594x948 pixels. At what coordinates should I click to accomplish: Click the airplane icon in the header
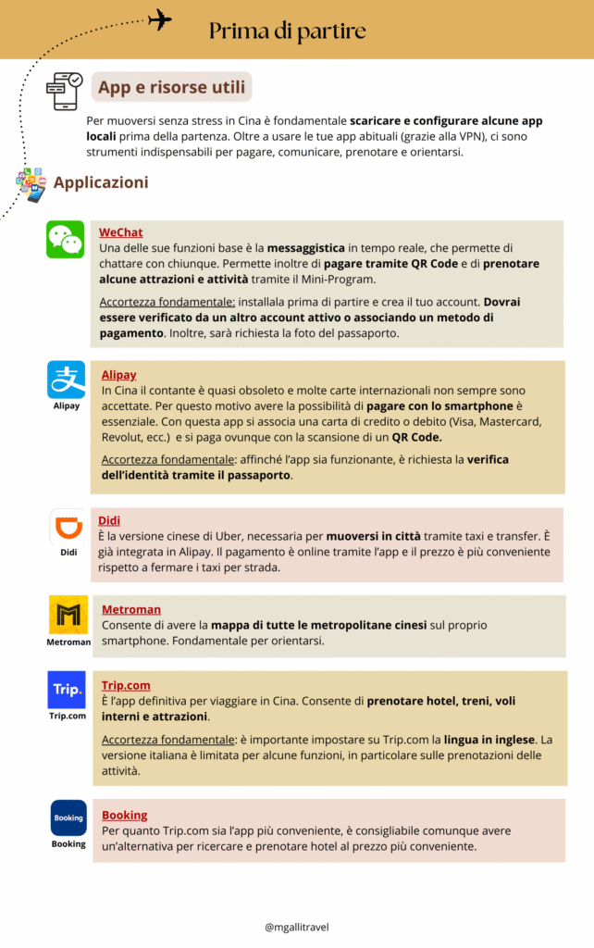tap(159, 19)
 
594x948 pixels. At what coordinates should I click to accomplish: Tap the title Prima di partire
tap(287, 31)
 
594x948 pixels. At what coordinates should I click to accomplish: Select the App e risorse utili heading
tap(172, 89)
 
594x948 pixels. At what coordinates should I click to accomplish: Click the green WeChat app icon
tap(66, 240)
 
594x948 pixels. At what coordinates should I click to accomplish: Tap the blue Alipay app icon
tap(66, 380)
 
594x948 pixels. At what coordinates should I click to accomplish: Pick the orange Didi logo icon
tap(68, 527)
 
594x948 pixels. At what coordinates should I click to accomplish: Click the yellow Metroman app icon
tap(68, 615)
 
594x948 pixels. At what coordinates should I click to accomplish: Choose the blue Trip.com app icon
tap(67, 690)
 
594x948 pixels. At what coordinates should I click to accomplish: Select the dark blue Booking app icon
tap(68, 818)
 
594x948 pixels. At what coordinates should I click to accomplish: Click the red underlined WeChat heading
tap(121, 232)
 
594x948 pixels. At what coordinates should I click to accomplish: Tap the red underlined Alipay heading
tap(118, 375)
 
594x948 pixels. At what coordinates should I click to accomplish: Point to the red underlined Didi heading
tap(109, 520)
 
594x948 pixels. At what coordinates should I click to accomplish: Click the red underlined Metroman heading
tap(131, 609)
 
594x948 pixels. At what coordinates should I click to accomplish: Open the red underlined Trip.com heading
tap(126, 685)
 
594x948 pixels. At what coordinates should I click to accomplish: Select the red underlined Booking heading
tap(125, 815)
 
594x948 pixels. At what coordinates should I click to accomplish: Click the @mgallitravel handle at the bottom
tap(297, 926)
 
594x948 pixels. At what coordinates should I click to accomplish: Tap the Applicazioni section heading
tap(101, 182)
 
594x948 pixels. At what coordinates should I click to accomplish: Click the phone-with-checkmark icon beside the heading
tap(64, 91)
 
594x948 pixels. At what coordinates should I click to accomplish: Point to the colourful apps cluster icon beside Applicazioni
tap(30, 184)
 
